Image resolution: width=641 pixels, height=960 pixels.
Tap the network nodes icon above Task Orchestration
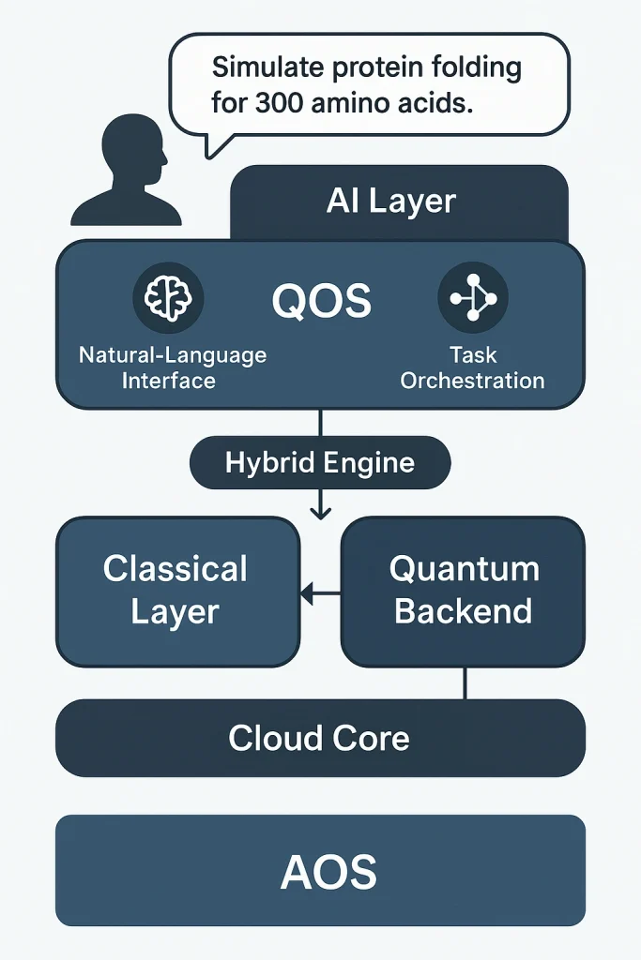[x=473, y=298]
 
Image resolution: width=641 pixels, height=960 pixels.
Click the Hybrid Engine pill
[x=320, y=462]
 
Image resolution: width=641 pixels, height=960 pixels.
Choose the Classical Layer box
[x=177, y=591]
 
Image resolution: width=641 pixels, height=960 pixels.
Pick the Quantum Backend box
[x=463, y=591]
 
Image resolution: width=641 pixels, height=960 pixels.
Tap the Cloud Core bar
[x=320, y=738]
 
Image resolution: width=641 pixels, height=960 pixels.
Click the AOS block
[x=320, y=872]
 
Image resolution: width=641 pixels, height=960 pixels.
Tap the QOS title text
[x=321, y=302]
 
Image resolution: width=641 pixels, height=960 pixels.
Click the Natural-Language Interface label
[x=173, y=367]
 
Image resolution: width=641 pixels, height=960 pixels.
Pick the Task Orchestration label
[x=473, y=367]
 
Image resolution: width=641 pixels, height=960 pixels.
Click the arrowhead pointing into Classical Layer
[x=305, y=592]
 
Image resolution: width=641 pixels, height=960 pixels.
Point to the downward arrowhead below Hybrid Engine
[x=320, y=511]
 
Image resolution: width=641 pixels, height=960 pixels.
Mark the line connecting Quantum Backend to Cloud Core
[x=465, y=682]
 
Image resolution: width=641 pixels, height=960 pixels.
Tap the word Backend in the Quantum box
[x=463, y=611]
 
